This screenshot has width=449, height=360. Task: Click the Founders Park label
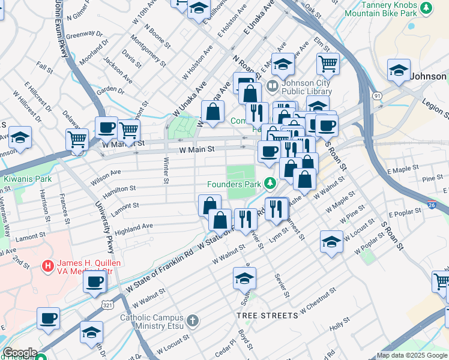click(x=236, y=184)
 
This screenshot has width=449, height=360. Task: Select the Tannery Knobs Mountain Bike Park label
click(x=381, y=8)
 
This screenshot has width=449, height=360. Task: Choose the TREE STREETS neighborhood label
click(x=267, y=315)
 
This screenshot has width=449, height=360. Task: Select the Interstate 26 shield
click(x=441, y=205)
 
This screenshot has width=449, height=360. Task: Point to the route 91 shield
click(x=377, y=95)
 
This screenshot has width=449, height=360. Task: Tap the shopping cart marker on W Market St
click(x=129, y=129)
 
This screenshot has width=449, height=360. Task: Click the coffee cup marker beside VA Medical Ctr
click(x=94, y=281)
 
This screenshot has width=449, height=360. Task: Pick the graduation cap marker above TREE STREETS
click(x=245, y=278)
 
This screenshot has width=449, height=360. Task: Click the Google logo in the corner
click(x=20, y=353)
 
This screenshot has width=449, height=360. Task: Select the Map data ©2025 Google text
click(x=412, y=355)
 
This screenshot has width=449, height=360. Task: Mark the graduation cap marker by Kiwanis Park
click(x=20, y=137)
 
